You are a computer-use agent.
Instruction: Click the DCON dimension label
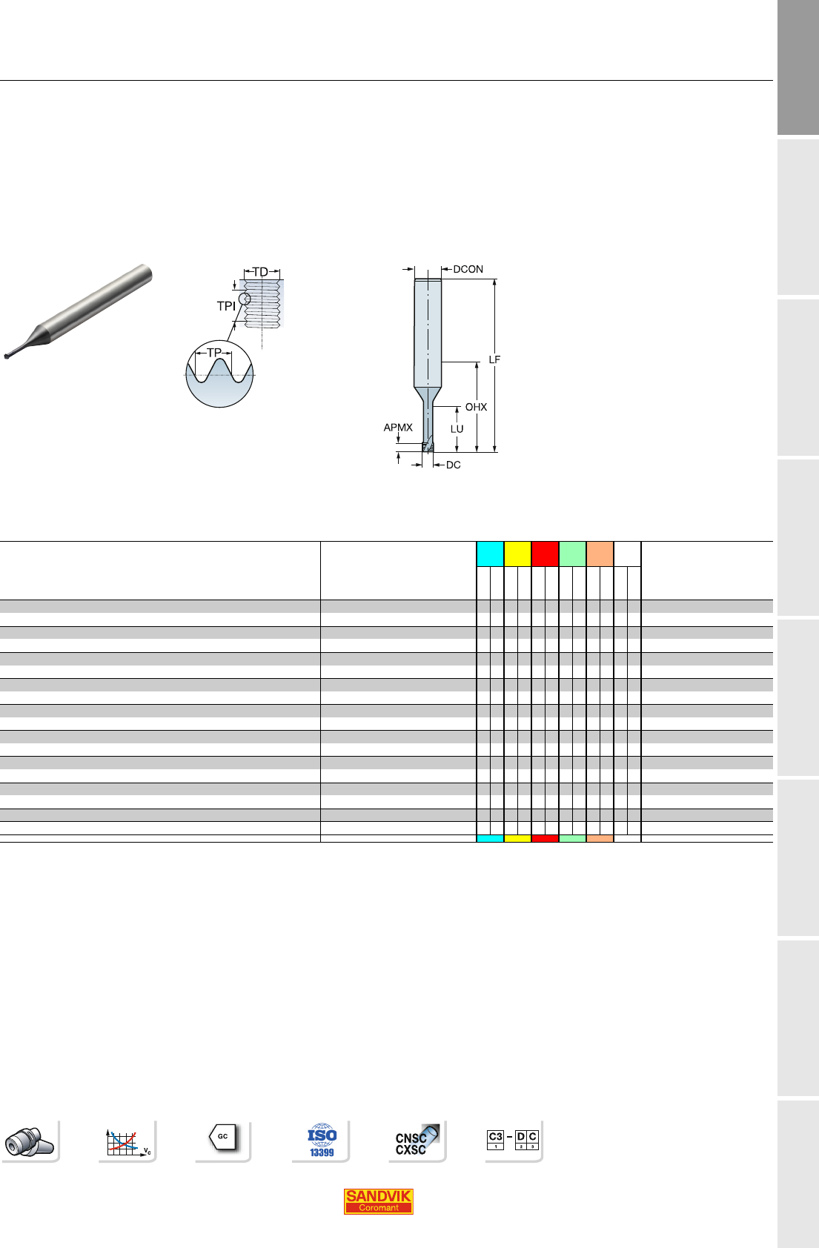tap(468, 269)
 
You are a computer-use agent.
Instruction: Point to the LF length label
tap(494, 360)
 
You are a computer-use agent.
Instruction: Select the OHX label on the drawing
tap(476, 408)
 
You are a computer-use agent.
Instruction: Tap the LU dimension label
tap(457, 429)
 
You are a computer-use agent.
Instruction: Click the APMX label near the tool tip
tap(398, 428)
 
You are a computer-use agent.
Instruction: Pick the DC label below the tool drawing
tap(453, 465)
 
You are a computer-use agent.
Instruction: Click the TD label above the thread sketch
tap(260, 272)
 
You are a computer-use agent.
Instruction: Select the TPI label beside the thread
tap(226, 306)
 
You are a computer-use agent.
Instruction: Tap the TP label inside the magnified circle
tap(214, 353)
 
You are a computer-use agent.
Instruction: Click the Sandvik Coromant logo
tap(378, 1201)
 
